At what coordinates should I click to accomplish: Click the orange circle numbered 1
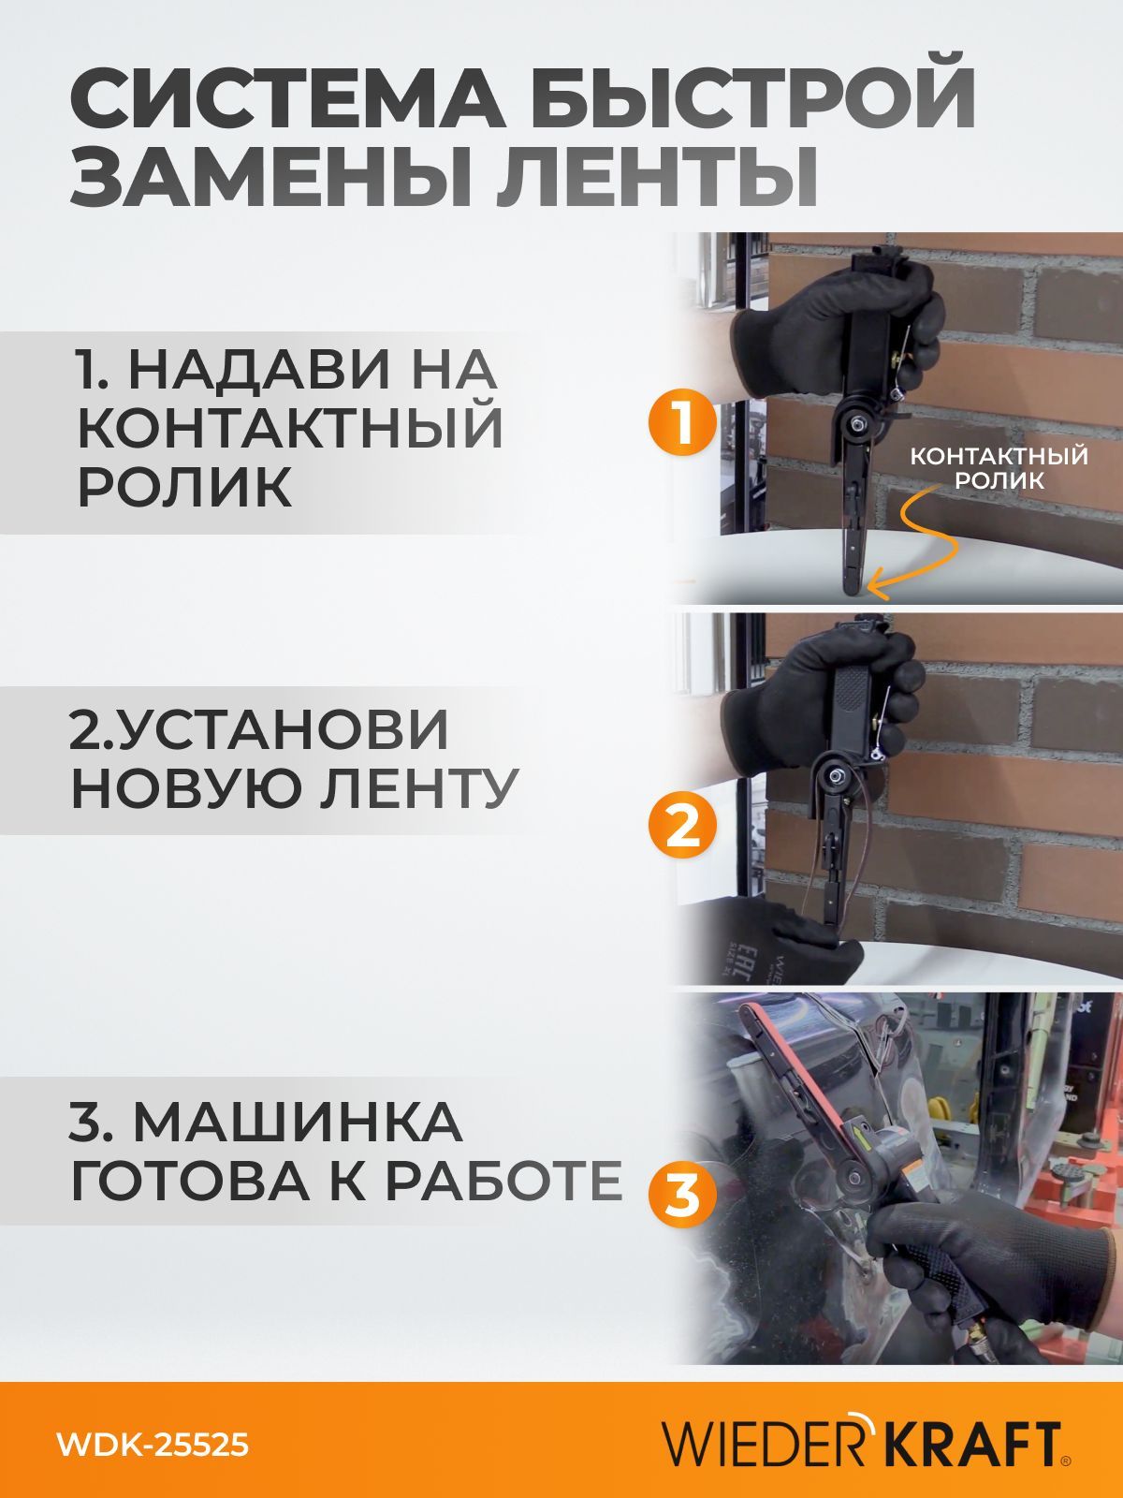tap(682, 423)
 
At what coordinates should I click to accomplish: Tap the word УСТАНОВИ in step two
tap(260, 728)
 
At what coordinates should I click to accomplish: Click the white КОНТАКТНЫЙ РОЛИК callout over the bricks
tap(999, 467)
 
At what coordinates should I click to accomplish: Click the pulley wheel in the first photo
tap(854, 425)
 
